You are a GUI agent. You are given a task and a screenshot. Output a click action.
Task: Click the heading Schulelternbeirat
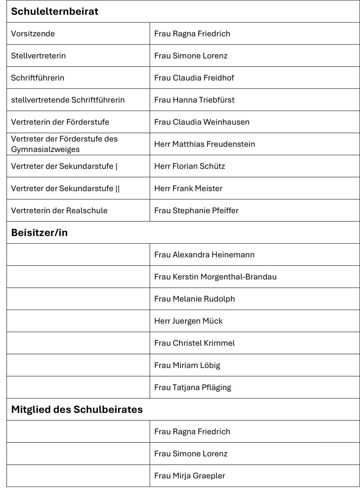click(x=55, y=12)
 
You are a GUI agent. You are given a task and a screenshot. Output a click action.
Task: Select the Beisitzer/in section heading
click(x=39, y=233)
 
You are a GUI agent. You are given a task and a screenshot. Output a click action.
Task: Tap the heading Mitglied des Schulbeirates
click(x=77, y=410)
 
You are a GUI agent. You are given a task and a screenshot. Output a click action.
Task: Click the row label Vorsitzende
click(x=33, y=34)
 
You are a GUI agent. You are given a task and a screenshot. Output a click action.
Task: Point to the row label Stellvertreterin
click(x=38, y=56)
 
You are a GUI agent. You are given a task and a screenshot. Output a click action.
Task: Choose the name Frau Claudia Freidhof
click(x=194, y=78)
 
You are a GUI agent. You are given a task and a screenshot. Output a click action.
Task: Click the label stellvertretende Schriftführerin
click(x=68, y=100)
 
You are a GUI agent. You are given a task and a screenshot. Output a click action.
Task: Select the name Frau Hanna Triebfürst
click(x=194, y=100)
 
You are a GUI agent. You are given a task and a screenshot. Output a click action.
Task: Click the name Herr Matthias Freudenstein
click(x=205, y=144)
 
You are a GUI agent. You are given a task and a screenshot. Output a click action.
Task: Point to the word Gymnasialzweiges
click(x=45, y=149)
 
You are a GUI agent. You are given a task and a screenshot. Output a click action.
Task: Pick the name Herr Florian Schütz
click(x=189, y=166)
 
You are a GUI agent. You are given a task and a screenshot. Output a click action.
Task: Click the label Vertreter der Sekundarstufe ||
click(x=65, y=189)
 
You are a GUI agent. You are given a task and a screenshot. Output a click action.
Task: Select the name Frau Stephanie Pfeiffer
click(x=196, y=211)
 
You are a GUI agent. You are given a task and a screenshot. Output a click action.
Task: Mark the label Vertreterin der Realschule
click(x=59, y=211)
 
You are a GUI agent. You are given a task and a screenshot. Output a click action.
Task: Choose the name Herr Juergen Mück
click(x=189, y=321)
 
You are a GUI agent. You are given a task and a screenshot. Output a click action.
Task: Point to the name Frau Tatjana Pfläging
click(x=192, y=388)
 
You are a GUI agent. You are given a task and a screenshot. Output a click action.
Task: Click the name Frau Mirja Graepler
click(x=189, y=476)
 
